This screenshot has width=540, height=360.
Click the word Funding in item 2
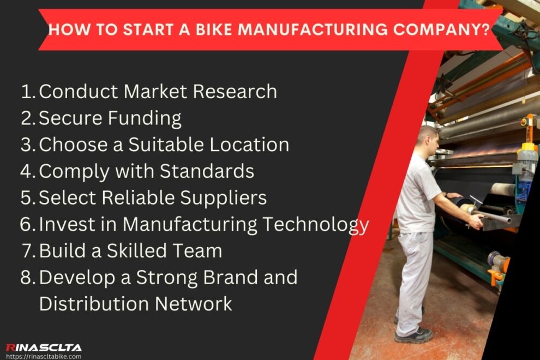click(x=147, y=118)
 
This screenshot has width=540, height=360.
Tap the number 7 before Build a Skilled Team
click(x=29, y=251)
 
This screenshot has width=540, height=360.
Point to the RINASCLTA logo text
click(x=44, y=347)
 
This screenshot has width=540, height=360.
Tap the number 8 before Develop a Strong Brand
click(x=27, y=277)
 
